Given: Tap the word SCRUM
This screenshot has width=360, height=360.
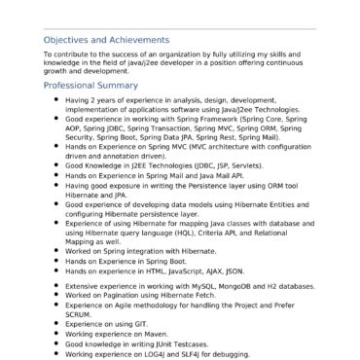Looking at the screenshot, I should [79, 313].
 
